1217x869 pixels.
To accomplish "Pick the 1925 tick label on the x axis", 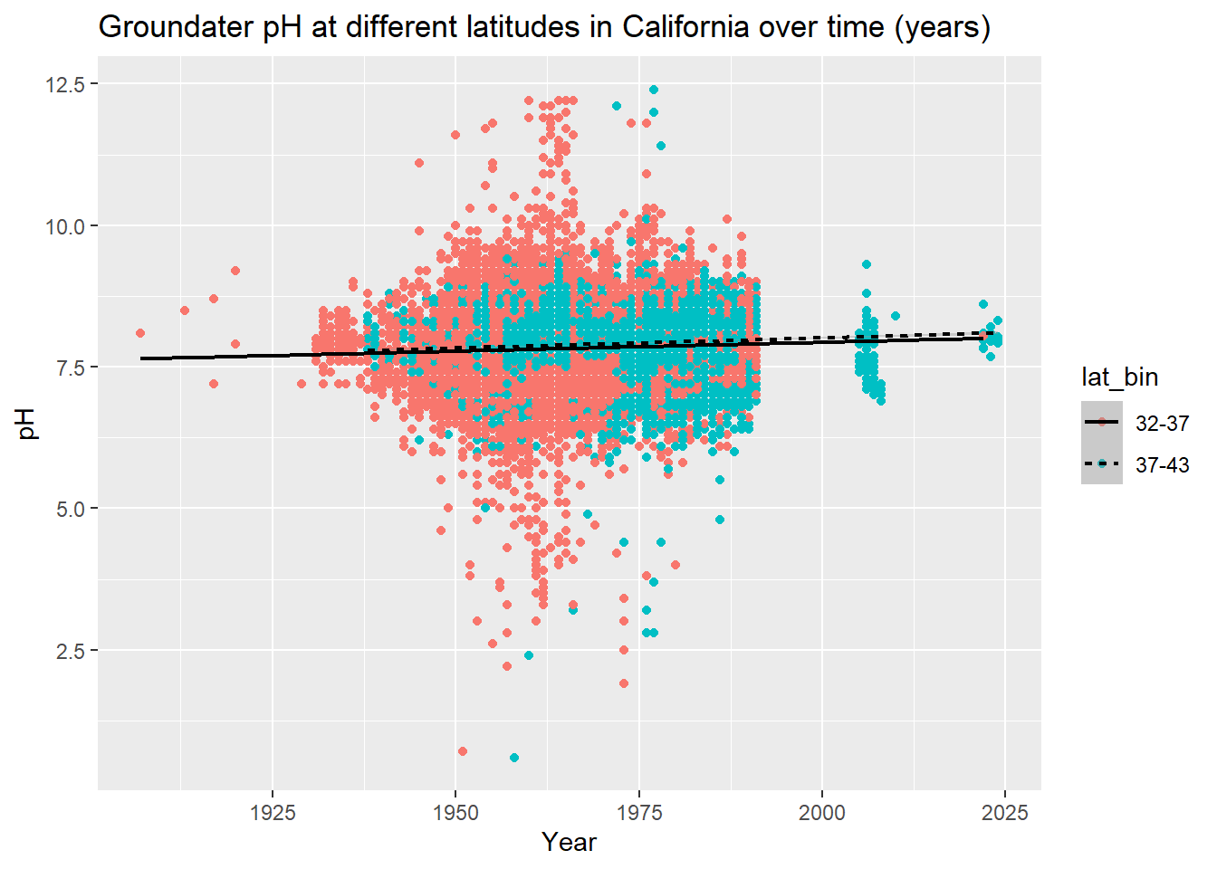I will coord(273,812).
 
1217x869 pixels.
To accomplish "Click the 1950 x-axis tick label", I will coord(455,812).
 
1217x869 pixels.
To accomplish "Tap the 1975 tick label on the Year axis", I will coord(639,812).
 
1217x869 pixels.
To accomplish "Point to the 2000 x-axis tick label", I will coord(822,812).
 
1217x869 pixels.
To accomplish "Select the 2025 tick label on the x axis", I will coord(1005,812).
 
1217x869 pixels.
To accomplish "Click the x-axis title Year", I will coord(569,843).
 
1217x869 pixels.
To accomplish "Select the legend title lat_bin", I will coord(1119,377).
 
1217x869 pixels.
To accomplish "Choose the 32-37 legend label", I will coord(1162,423).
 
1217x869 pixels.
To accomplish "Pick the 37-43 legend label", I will coord(1162,465).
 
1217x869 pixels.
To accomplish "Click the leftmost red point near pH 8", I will coord(140,333).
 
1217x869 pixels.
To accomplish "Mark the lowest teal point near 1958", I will coord(514,758).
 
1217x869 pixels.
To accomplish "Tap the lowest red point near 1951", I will coord(463,751).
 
